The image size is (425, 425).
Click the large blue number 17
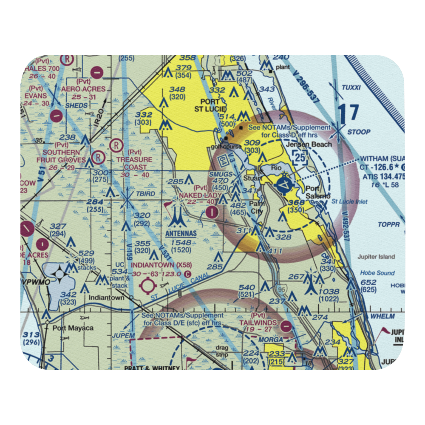[348, 114]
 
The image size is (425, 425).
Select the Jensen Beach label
[309, 144]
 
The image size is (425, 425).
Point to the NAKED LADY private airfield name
[200, 195]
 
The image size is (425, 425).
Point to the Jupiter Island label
[376, 257]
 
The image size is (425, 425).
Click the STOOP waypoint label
[359, 132]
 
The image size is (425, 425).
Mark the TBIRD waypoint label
[145, 194]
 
